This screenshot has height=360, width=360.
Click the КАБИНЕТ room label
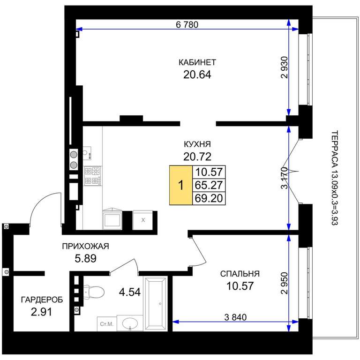197,62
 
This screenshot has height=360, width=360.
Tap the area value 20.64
197,75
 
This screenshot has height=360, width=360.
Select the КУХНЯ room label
197,144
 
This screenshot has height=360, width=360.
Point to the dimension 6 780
187,24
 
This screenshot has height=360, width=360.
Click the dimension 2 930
284,67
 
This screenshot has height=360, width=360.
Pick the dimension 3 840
235,317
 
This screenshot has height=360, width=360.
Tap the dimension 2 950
284,283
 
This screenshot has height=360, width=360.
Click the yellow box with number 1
181,185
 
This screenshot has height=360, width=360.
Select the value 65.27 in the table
209,185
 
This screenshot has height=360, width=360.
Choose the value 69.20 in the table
209,198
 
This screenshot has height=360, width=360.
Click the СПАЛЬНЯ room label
240,274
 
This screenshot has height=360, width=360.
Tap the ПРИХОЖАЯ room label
85,246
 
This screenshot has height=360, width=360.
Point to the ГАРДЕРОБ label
42,300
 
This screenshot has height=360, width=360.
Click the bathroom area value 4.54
130,292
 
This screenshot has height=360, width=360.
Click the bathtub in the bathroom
156,303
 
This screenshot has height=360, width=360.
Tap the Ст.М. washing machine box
107,324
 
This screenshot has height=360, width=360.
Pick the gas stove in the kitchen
92,176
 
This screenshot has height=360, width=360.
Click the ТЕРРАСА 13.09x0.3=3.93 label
335,178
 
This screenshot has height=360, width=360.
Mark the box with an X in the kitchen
143,220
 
